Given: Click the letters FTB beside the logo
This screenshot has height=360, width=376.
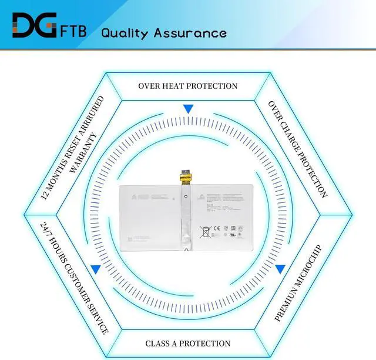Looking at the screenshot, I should point(73,30).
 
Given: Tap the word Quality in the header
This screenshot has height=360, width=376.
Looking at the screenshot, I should point(125,32).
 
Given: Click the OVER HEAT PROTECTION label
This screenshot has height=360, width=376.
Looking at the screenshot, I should point(188,86).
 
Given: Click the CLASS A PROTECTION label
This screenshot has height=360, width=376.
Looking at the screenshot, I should point(188,344).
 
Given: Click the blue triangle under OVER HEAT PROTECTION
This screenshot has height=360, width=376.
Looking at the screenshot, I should point(188,109).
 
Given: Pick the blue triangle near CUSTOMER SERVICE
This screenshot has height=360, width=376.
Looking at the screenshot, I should point(95,269).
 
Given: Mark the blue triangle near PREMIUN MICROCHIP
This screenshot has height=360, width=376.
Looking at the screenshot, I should point(280,269).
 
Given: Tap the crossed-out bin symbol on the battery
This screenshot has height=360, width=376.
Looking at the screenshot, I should point(206,232).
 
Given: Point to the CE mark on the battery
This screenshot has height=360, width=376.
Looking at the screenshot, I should point(216,228).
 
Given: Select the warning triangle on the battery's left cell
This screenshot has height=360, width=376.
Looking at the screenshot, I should point(134,196).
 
